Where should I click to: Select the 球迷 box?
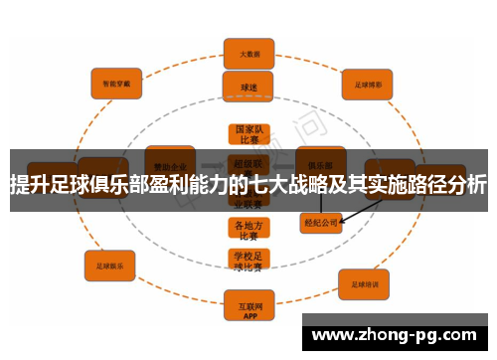248,87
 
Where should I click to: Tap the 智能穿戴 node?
116,86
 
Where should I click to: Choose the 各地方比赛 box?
248,230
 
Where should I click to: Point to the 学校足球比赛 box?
248,261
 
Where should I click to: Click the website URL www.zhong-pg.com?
399,334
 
